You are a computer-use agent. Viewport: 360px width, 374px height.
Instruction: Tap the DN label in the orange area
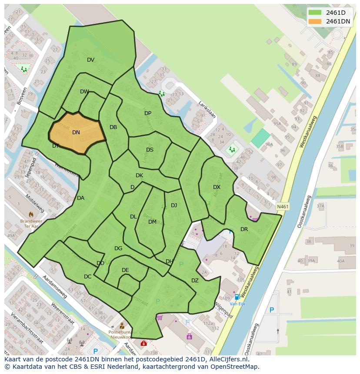pyautogui.click(x=76, y=132)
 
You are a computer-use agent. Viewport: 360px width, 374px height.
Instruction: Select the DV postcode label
pyautogui.click(x=90, y=60)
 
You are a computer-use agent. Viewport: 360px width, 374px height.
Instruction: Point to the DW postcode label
pyautogui.click(x=84, y=92)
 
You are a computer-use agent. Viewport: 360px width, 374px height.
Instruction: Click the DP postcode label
pyautogui.click(x=148, y=113)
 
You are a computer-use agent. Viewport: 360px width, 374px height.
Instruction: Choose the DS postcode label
pyautogui.click(x=150, y=150)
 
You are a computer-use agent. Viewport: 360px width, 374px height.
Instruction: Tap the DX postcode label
pyautogui.click(x=217, y=187)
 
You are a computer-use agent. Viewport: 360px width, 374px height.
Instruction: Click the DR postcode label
pyautogui.click(x=244, y=229)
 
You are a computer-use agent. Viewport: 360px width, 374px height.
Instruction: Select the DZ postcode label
pyautogui.click(x=195, y=281)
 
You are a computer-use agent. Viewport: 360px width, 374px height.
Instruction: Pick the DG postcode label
pyautogui.click(x=118, y=248)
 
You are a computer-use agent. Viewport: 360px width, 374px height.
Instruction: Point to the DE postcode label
pyautogui.click(x=125, y=270)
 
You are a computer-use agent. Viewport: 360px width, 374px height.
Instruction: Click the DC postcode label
pyautogui.click(x=88, y=277)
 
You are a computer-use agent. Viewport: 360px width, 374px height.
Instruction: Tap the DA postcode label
pyautogui.click(x=80, y=198)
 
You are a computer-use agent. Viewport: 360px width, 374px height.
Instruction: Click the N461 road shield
pyautogui.click(x=282, y=207)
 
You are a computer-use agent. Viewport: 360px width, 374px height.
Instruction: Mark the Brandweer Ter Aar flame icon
pyautogui.click(x=31, y=214)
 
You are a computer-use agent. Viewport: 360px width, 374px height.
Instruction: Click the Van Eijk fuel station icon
pyautogui.click(x=237, y=297)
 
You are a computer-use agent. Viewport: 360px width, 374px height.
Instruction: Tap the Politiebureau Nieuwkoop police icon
pyautogui.click(x=122, y=326)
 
